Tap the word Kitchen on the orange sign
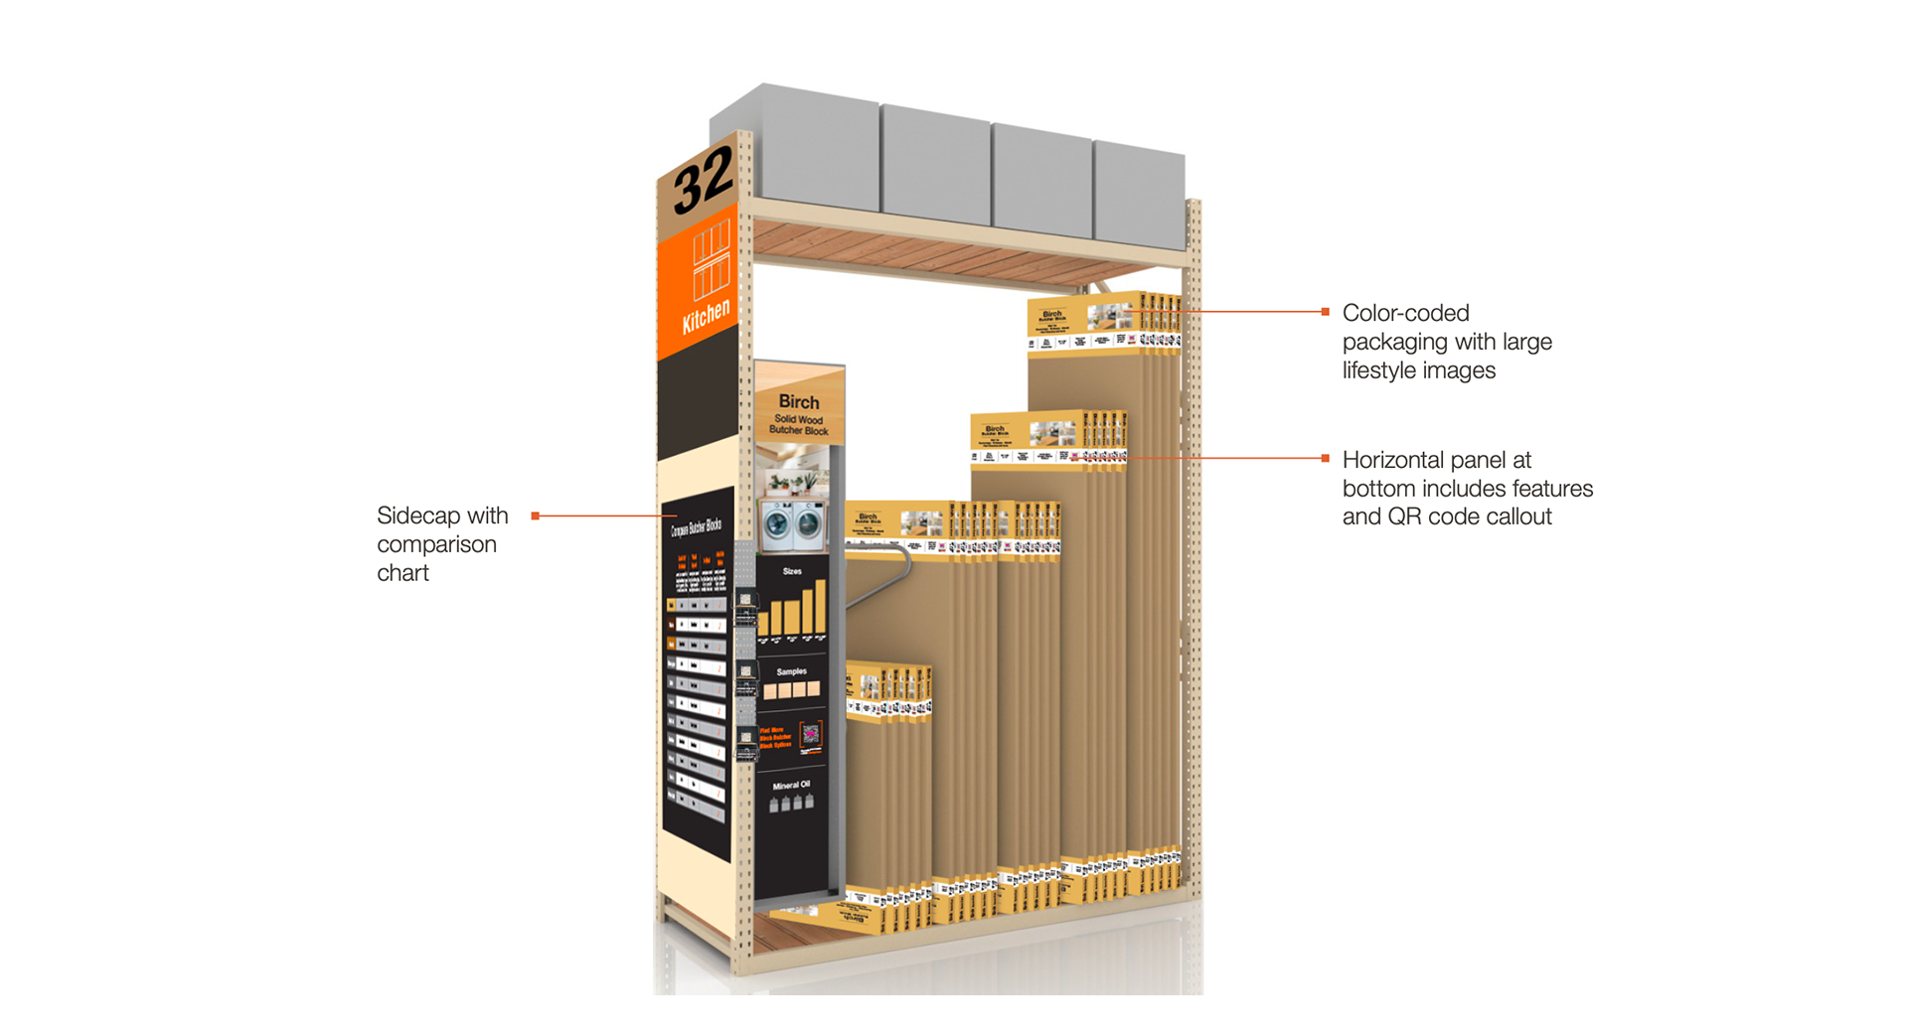tap(707, 317)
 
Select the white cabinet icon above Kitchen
tap(712, 261)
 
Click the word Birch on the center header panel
tap(799, 402)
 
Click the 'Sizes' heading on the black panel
tap(792, 571)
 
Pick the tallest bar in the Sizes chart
tap(821, 605)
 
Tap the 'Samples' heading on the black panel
tap(792, 671)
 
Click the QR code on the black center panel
tap(811, 735)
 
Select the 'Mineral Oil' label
tap(792, 785)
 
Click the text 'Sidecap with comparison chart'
tap(442, 543)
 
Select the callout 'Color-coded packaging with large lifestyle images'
tap(1446, 342)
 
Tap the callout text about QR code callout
tap(1467, 489)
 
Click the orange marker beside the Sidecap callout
tap(536, 515)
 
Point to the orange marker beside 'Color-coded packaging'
tap(1325, 312)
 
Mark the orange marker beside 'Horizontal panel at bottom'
tap(1325, 458)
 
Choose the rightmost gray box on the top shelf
tap(1140, 194)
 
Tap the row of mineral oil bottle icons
tap(792, 803)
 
